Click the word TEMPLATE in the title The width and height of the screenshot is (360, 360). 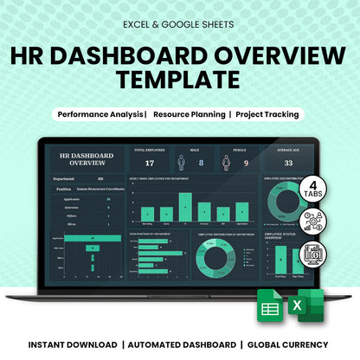tap(179, 80)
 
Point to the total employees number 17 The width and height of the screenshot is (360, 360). tap(150, 163)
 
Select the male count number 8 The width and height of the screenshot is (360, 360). tap(201, 163)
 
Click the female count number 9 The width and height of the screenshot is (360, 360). tap(246, 163)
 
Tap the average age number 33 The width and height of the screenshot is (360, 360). tap(288, 163)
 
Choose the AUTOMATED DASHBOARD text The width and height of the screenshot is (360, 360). tap(181, 343)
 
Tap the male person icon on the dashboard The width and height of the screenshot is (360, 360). tap(182, 162)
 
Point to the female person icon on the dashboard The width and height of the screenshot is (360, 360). tap(227, 162)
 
